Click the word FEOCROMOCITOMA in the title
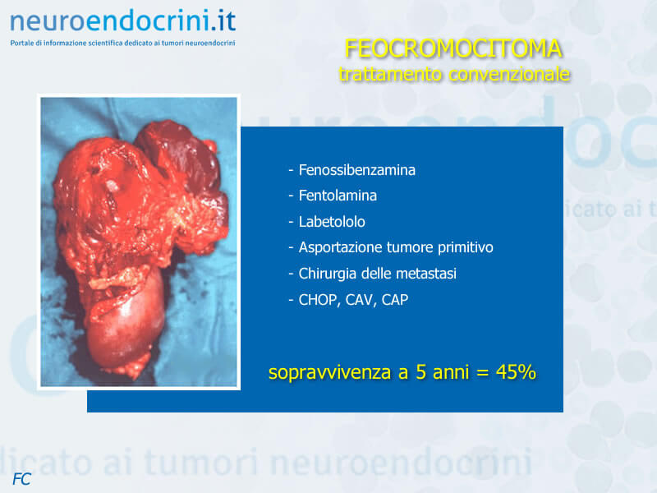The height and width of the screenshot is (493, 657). [453, 48]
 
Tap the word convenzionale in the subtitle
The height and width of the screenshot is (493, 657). [509, 74]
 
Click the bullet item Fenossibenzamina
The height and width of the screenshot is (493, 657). [356, 170]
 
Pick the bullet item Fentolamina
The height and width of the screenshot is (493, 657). [338, 196]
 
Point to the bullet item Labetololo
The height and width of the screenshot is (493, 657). [332, 222]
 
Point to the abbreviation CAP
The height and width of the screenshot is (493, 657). [395, 300]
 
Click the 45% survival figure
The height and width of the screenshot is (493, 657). [516, 372]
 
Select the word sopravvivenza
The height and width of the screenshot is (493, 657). [330, 372]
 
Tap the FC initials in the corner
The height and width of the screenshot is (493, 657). [22, 479]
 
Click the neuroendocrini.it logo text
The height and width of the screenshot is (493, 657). [122, 21]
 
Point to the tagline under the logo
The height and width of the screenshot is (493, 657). [122, 43]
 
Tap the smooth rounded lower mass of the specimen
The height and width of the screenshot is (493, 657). [126, 323]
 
